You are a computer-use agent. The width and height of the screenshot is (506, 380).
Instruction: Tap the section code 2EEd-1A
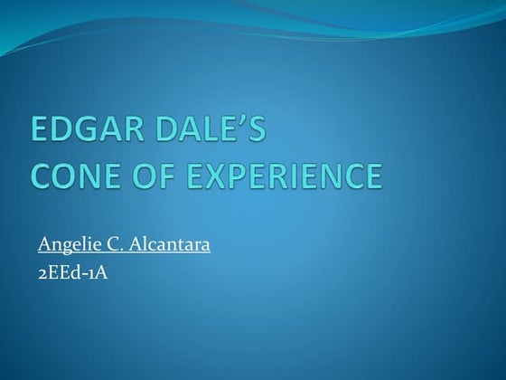[x=72, y=271]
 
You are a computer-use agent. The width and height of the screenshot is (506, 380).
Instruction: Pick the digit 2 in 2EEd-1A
[x=42, y=271]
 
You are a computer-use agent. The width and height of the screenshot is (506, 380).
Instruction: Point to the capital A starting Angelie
[x=44, y=244]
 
